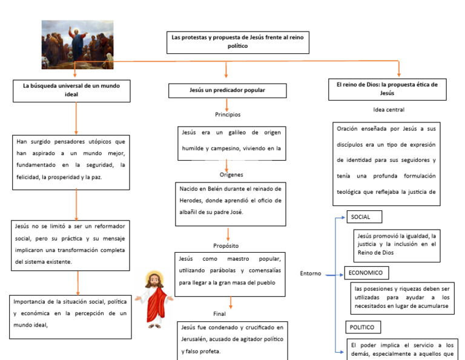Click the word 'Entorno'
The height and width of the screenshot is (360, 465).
point(311,273)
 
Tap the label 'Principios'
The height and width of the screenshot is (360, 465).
point(228,115)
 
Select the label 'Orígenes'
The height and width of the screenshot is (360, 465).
point(231,175)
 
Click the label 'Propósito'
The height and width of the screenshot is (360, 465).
point(226,245)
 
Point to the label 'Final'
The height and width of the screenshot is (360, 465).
point(219,314)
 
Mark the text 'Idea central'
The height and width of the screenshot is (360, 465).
point(389,110)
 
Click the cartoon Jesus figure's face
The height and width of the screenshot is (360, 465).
point(154,279)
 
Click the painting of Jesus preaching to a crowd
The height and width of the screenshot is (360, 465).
point(77,44)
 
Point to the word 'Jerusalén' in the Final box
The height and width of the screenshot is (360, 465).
point(193,339)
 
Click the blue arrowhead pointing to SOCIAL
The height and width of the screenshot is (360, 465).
point(343,218)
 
